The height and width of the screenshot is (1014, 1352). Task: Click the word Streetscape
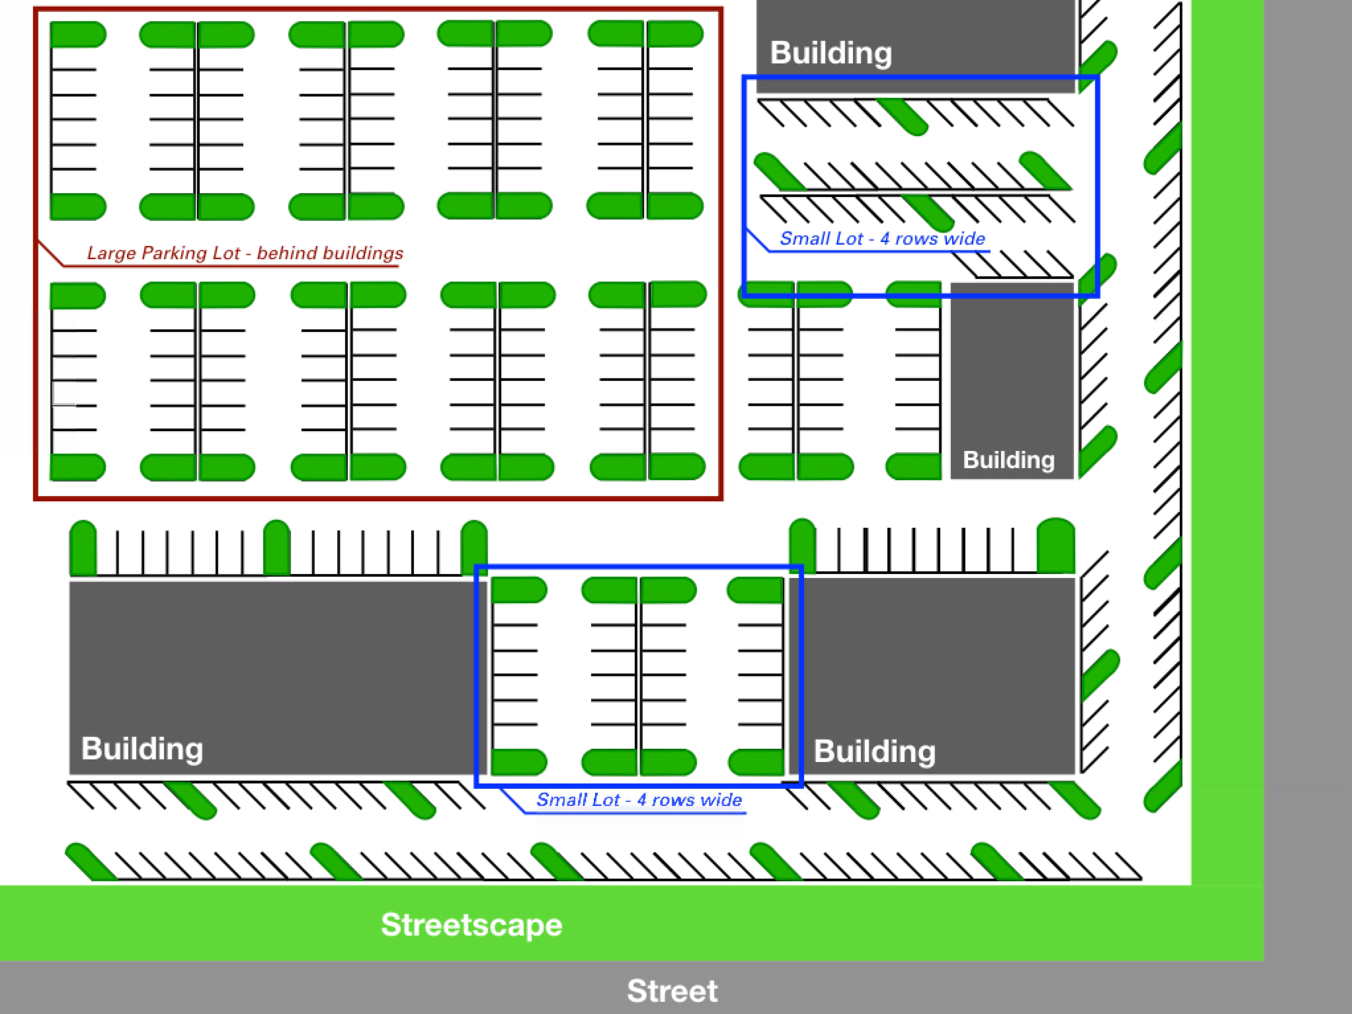[471, 924]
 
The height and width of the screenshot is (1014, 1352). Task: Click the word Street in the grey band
[672, 991]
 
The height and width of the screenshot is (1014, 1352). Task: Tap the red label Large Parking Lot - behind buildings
[245, 253]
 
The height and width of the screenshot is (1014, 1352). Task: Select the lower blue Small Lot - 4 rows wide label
[639, 800]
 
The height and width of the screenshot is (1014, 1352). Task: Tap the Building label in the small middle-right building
[1008, 460]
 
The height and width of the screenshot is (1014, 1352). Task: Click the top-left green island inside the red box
[78, 34]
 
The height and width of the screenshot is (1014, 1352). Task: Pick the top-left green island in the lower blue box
[519, 589]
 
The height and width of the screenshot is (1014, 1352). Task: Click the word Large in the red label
[111, 253]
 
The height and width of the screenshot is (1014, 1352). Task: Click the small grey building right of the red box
[1012, 379]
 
